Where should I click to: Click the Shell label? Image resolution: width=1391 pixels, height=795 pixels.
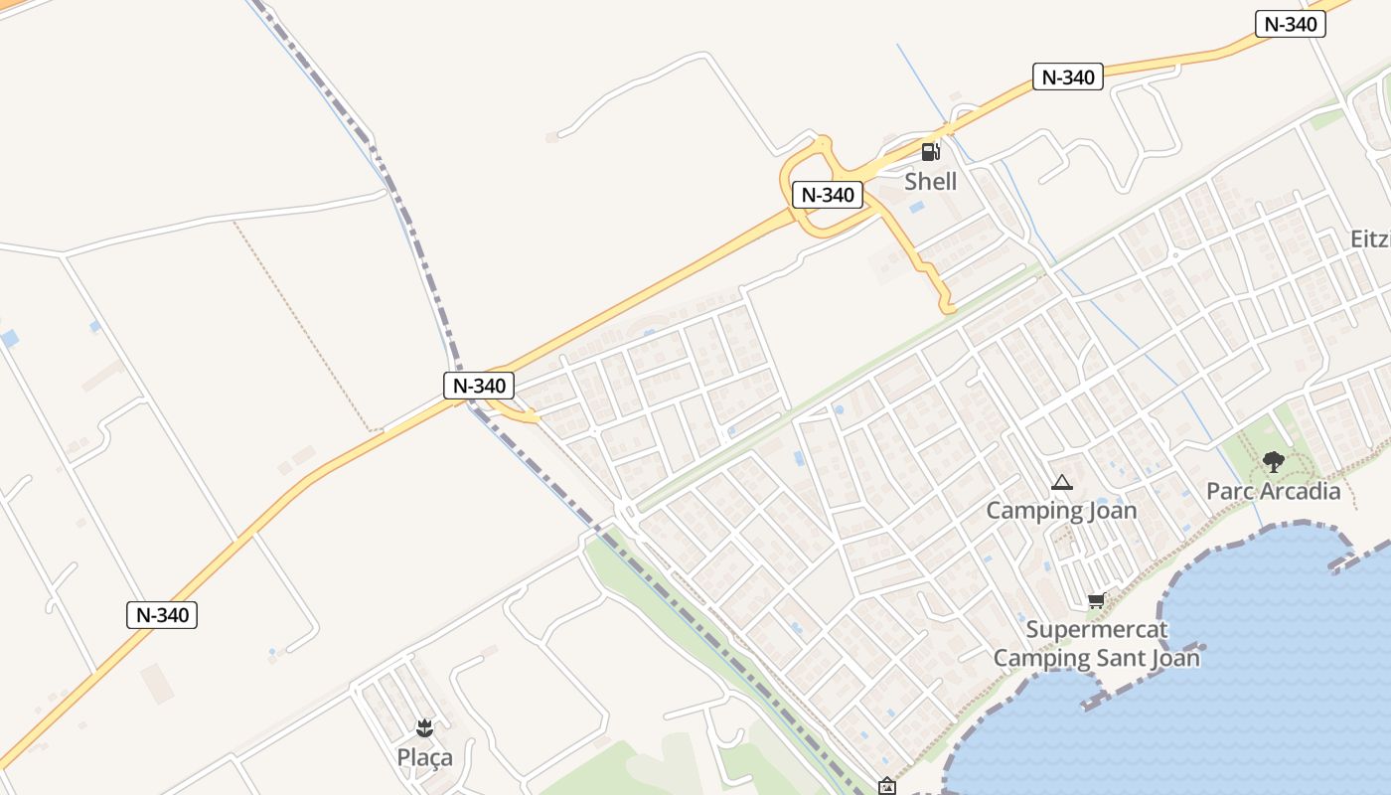point(930,181)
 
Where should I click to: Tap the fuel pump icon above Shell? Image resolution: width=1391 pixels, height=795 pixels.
point(930,152)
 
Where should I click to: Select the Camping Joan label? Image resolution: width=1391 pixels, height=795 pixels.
point(1061,511)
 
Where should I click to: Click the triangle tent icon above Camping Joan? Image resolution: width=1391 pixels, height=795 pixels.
point(1061,484)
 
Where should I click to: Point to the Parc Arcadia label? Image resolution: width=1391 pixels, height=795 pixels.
point(1273,491)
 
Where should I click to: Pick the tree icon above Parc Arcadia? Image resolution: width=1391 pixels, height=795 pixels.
point(1273,462)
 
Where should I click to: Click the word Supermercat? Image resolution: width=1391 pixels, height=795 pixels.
point(1097,629)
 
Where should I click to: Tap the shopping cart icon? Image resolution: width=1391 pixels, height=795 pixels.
point(1096,600)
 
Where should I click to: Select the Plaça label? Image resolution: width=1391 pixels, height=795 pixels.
point(424,757)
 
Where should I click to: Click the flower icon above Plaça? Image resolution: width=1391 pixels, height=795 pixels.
point(424,728)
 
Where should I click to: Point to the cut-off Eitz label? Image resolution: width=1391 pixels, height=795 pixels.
point(1370,239)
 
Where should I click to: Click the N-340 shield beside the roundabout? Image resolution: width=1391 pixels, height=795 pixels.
point(827,195)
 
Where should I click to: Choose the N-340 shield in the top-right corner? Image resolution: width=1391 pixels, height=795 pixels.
point(1291,25)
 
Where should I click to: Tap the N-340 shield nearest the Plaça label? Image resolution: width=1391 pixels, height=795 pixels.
point(162,615)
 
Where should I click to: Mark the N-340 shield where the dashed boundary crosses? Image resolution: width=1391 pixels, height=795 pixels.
point(479,386)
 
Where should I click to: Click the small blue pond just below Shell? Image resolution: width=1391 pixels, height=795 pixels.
point(916,208)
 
